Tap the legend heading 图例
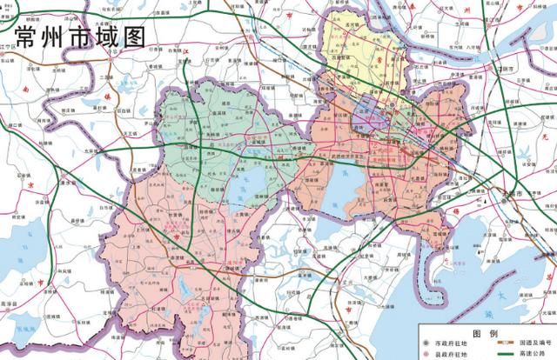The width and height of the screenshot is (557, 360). [x=485, y=333]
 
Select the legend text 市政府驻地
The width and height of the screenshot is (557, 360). [x=452, y=344]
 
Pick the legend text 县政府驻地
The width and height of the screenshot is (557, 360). [x=452, y=355]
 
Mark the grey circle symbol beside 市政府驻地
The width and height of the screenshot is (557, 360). [x=426, y=344]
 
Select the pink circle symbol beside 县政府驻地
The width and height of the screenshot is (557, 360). [x=426, y=355]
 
